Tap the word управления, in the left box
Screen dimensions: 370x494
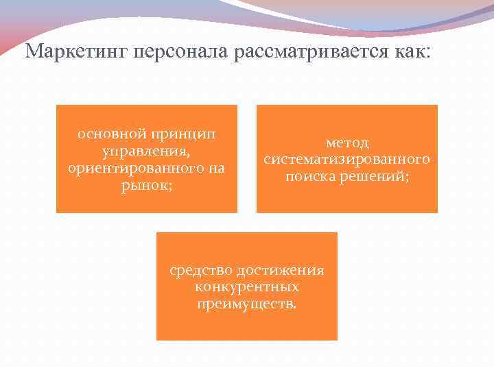(147, 151)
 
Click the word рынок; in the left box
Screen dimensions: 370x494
(147, 185)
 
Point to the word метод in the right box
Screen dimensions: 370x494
(347, 143)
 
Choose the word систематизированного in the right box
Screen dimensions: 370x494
(347, 160)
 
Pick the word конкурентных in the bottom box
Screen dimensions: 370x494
(247, 286)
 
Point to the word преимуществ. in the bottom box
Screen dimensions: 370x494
(247, 304)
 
